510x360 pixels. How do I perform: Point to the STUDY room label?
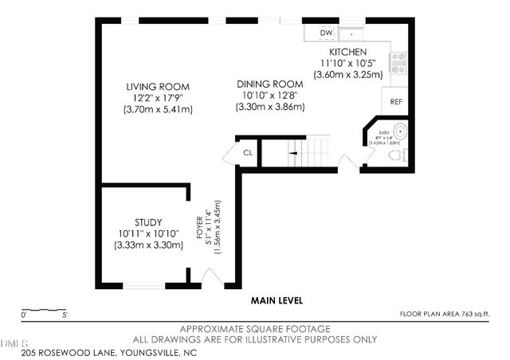148,222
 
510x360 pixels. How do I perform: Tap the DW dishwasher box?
325,33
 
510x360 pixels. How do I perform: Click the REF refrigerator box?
394,102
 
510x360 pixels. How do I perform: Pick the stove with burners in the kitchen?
398,61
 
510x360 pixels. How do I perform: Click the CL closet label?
247,153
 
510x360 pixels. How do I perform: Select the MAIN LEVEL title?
277,301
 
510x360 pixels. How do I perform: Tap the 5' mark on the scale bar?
64,315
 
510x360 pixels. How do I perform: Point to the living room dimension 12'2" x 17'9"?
158,98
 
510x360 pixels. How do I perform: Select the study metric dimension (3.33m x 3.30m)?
148,245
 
